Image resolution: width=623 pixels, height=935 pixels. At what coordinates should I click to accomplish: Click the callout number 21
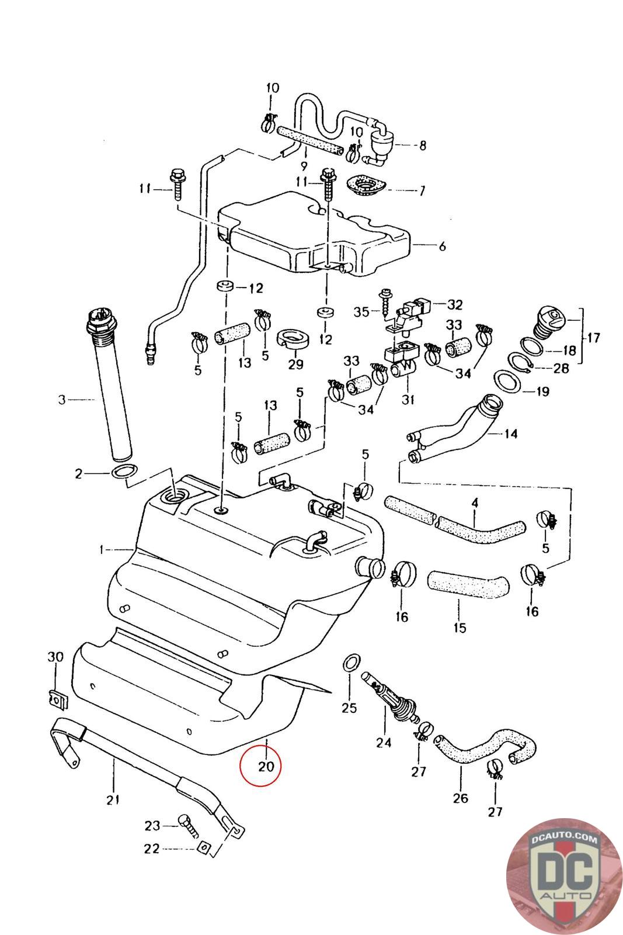[113, 799]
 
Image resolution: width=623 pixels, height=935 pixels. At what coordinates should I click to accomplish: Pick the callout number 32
[455, 304]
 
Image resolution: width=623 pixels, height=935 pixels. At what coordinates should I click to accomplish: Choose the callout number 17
[594, 337]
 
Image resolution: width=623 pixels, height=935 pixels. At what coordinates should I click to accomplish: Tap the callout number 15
[460, 628]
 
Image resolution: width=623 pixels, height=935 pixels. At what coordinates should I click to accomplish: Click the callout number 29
[296, 363]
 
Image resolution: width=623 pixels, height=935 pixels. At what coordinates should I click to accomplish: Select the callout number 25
[349, 709]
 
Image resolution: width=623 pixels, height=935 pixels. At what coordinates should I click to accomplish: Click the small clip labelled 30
[56, 697]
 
